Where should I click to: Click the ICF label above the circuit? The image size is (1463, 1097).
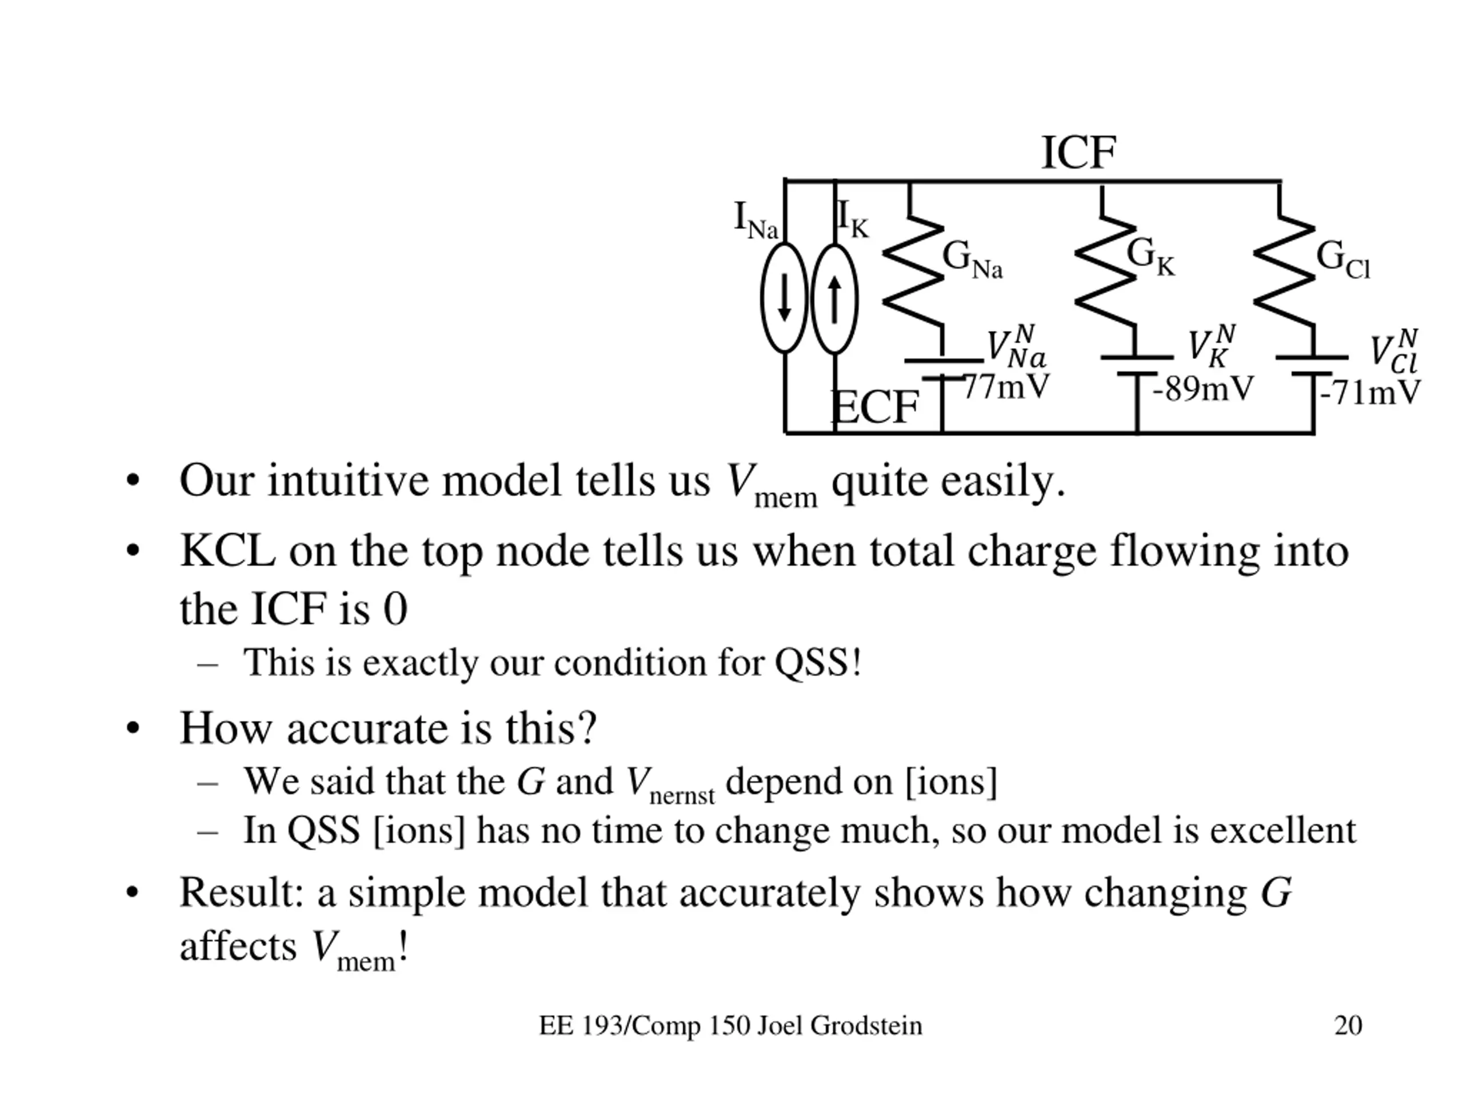(1078, 153)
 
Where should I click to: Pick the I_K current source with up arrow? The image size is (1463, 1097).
(835, 299)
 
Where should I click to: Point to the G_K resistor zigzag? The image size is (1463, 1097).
(1105, 271)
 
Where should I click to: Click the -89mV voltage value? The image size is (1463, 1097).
(1202, 390)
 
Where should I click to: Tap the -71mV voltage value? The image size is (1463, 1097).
(1370, 393)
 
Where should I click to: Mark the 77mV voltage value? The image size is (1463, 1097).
(1006, 387)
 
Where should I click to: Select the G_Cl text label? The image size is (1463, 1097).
(1342, 259)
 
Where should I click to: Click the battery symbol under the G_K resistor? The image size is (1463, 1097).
(1137, 366)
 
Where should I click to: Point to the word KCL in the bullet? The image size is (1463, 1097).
(227, 551)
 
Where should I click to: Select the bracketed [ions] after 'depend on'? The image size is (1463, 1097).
(950, 782)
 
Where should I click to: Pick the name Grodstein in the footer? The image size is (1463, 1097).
(866, 1026)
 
